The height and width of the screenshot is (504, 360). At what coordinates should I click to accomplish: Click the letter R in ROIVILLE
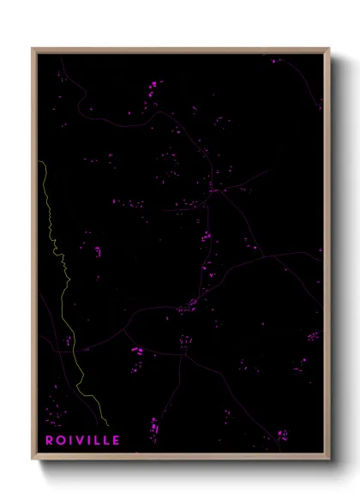click(50, 441)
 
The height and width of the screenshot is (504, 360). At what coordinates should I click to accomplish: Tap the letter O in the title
click(62, 441)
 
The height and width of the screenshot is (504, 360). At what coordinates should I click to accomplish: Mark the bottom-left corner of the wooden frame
click(33, 460)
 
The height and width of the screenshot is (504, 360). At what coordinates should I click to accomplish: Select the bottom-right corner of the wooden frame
click(329, 460)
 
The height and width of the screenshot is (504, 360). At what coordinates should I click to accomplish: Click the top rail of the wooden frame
click(180, 50)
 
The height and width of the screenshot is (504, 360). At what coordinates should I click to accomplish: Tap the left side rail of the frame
click(33, 257)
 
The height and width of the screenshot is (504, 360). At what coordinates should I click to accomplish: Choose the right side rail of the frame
click(328, 257)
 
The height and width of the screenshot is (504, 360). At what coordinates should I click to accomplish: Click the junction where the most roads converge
click(213, 192)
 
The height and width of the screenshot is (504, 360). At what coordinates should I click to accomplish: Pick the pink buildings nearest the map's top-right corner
click(276, 61)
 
